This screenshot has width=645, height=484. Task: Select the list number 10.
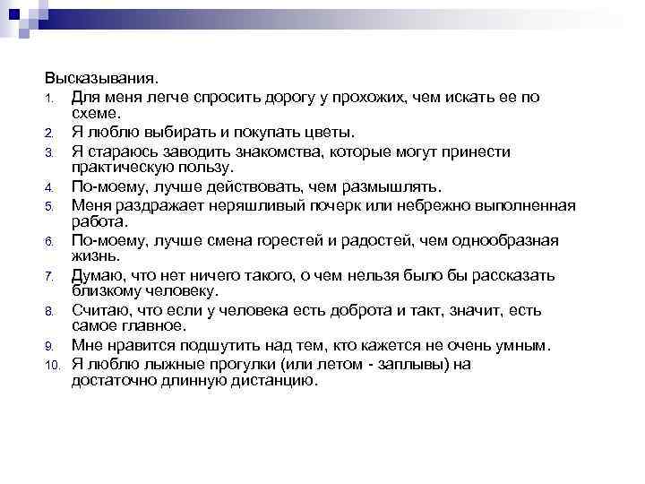coord(53,366)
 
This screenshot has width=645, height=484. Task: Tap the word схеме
coord(94,114)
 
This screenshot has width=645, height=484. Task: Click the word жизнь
coord(93,256)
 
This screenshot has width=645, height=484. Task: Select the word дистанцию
coord(272,381)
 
